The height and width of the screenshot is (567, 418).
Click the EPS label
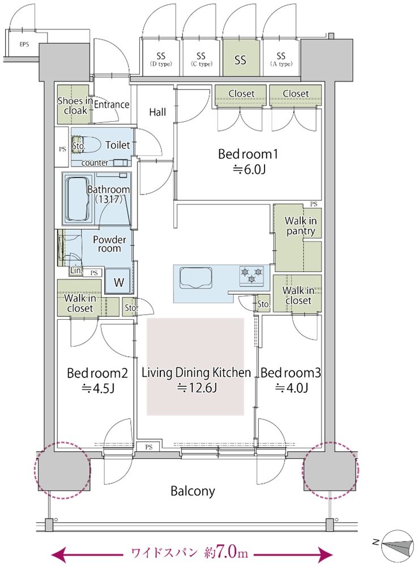tap(24, 45)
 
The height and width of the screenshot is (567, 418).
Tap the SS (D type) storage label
tap(161, 60)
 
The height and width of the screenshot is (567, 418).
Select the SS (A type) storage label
tap(281, 60)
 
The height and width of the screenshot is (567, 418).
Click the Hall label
tap(157, 112)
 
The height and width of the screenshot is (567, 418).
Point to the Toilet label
tap(117, 145)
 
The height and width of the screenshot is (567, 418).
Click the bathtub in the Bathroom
tap(78, 199)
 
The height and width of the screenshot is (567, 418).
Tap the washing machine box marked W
tap(119, 282)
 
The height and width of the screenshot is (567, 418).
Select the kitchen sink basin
tap(195, 277)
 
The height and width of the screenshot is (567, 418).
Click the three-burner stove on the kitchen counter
tap(252, 275)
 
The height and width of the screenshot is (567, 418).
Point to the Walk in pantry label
tap(301, 226)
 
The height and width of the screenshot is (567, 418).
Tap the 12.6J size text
tap(197, 388)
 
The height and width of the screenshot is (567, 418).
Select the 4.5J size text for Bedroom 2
tap(98, 388)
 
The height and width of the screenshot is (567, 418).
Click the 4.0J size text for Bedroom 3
tap(292, 388)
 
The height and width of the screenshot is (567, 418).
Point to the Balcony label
tap(193, 491)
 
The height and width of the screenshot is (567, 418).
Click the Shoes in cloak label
tap(75, 105)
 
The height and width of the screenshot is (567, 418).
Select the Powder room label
tap(109, 244)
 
